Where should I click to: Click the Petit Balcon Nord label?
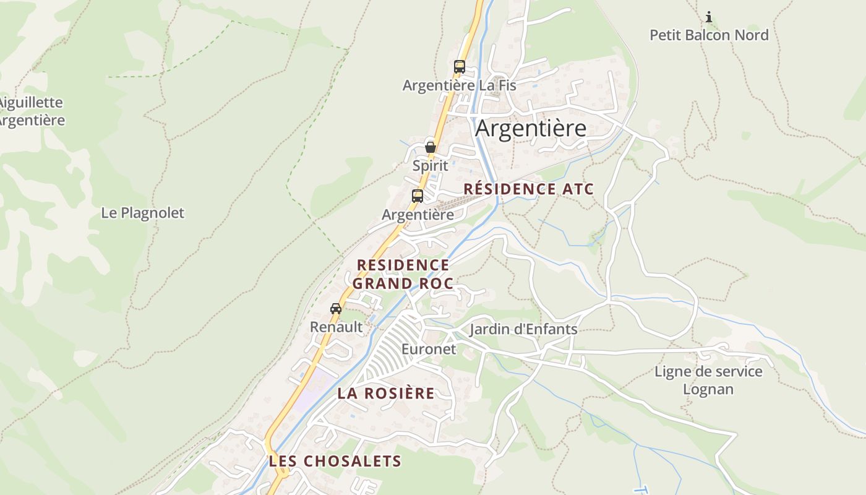coord(709,35)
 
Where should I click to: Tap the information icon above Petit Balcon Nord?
coord(709,17)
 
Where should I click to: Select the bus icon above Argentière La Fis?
coord(459,66)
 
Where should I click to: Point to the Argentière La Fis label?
coord(459,85)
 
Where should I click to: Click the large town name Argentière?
coord(531,129)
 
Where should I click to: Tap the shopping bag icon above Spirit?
coord(430,147)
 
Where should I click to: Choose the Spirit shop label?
coord(430,166)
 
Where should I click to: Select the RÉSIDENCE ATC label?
coord(528,189)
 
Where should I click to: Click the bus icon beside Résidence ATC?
coord(418,196)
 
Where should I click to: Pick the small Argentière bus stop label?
coord(418,215)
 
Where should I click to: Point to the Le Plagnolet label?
coord(143,213)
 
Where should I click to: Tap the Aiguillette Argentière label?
coord(31,111)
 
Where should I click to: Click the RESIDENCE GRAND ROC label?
coord(403,274)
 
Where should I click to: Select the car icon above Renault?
coord(336,309)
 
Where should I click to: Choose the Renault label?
coord(336,327)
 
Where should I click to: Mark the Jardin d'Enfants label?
coord(523,329)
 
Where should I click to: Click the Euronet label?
coord(429,349)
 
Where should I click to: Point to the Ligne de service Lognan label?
coord(708,381)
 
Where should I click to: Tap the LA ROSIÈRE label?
coord(386,394)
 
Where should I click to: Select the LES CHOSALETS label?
coord(335,462)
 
